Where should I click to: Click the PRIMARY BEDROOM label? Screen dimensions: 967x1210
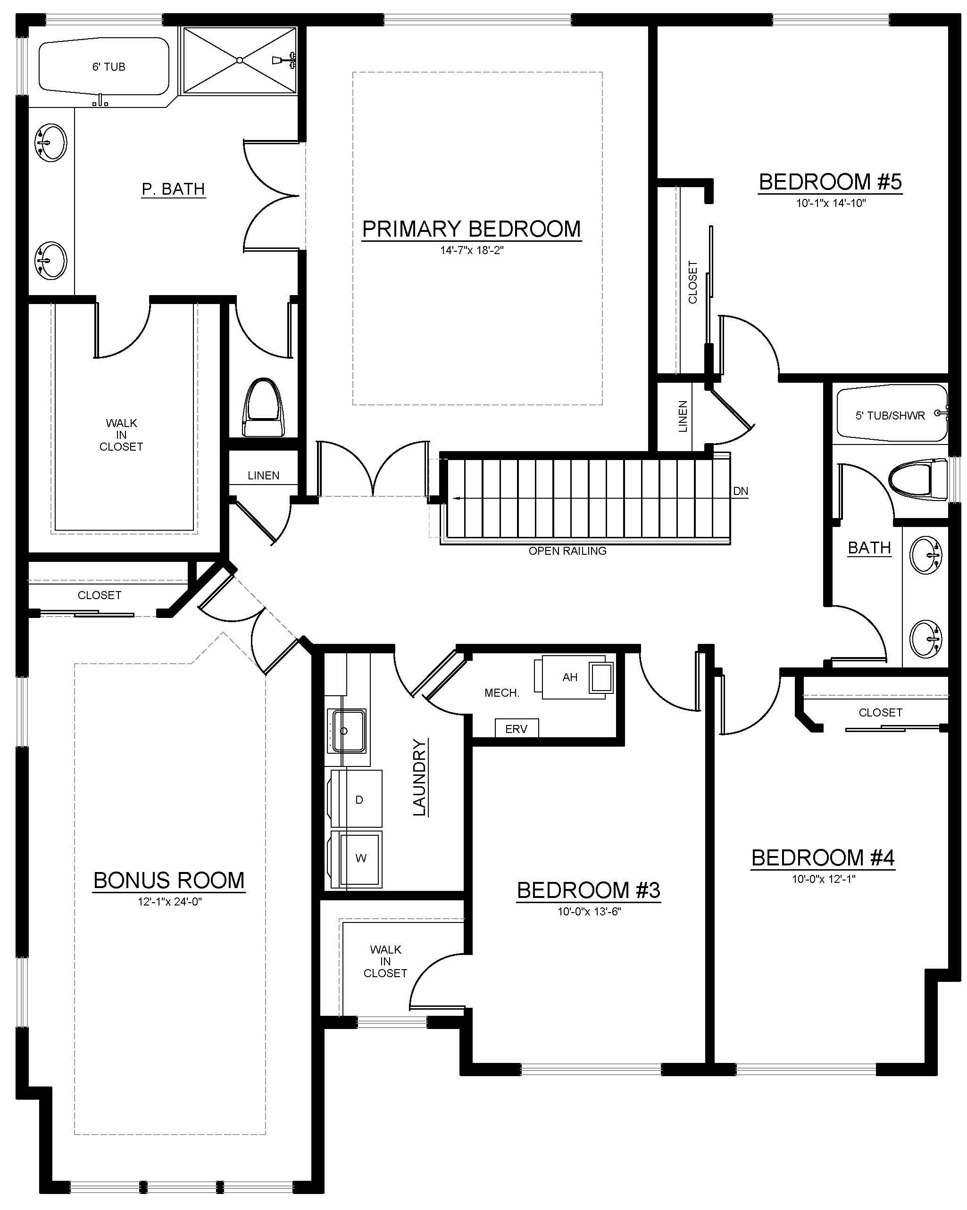click(x=471, y=229)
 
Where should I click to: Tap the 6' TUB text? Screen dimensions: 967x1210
click(x=108, y=67)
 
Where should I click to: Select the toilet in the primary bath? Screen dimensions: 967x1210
click(x=263, y=407)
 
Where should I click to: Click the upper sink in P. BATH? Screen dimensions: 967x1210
click(x=51, y=142)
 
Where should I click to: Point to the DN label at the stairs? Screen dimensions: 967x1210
click(x=740, y=491)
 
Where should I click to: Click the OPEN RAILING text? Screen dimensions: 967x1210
click(x=567, y=551)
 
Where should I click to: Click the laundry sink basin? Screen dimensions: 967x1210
click(x=348, y=731)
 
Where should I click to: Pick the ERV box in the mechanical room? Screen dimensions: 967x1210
click(x=516, y=728)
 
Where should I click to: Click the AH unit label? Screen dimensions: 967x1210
click(x=569, y=677)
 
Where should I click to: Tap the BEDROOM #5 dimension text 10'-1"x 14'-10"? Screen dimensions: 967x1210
click(x=831, y=203)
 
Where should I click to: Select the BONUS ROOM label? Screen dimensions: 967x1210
click(x=169, y=880)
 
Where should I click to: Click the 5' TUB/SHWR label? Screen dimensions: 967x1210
click(x=890, y=416)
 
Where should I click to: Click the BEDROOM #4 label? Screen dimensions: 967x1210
click(x=823, y=857)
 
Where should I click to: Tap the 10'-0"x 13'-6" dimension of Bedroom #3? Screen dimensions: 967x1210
click(x=589, y=912)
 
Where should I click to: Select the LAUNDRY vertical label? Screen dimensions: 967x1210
click(x=419, y=777)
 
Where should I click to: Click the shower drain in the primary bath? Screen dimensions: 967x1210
click(x=239, y=60)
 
